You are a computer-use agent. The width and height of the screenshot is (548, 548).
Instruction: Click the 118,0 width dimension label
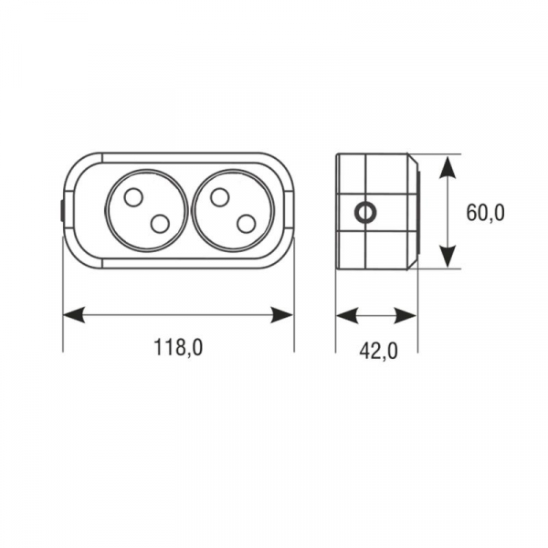point(178,347)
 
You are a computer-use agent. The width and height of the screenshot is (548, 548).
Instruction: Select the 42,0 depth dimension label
point(378,351)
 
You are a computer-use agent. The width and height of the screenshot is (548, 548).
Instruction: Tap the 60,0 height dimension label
point(486,213)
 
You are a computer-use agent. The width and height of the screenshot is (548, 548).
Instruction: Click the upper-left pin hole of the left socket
point(133,197)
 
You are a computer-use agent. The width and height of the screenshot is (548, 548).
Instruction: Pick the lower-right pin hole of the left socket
point(160,224)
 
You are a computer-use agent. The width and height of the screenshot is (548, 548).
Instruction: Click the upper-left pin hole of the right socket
point(219,197)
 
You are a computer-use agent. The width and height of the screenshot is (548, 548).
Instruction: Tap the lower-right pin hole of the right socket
point(246,224)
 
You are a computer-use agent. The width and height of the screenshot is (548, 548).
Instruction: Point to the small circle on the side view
point(365,212)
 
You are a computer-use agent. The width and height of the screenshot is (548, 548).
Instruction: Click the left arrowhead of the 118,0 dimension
point(74,315)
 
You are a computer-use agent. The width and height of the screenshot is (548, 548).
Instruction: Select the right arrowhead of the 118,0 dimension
point(282,315)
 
